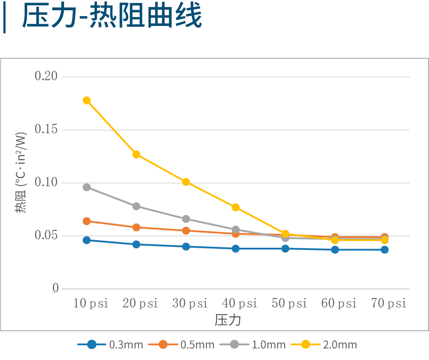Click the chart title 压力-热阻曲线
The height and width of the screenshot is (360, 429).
(112, 17)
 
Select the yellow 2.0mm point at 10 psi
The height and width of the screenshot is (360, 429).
(86, 100)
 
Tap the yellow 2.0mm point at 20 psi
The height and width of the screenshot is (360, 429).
(136, 155)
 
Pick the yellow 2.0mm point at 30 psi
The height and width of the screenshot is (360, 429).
(186, 182)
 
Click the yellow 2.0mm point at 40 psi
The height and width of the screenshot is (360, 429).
(236, 207)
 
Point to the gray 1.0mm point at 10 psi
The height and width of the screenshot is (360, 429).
(86, 187)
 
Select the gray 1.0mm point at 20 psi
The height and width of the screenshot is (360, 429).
(136, 206)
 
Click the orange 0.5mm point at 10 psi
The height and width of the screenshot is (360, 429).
(86, 221)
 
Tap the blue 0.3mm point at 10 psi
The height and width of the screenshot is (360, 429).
(86, 240)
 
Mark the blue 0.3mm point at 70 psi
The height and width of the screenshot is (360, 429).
(384, 250)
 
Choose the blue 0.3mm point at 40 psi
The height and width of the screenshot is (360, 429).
(236, 248)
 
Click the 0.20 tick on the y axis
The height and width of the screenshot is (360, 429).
(46, 76)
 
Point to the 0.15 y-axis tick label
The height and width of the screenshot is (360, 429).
(46, 129)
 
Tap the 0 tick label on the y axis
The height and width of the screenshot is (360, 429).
(56, 288)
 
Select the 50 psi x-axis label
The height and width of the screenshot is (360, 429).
(289, 304)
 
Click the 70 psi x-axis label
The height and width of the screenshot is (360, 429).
(388, 304)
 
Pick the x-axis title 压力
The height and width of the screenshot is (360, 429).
(228, 319)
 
